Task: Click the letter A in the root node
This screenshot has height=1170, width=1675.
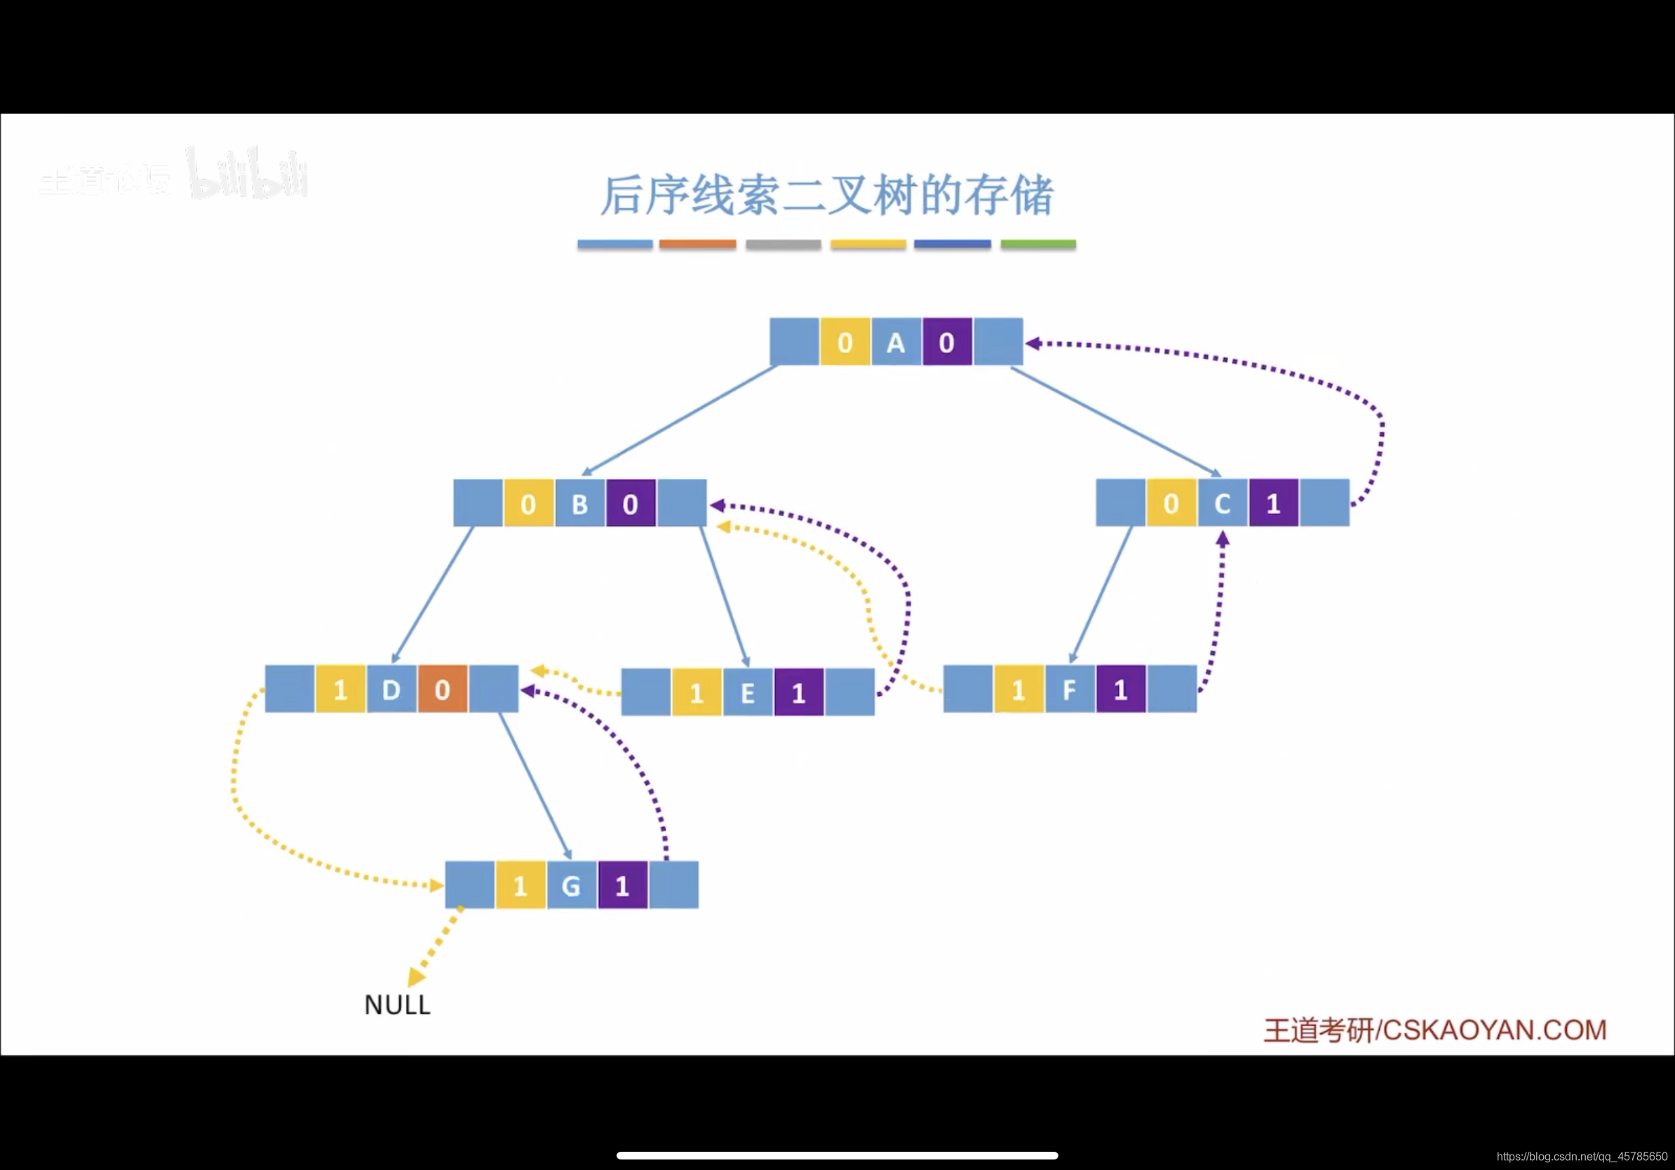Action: point(896,342)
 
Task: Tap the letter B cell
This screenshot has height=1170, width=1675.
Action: point(580,504)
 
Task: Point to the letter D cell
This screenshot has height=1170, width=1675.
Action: point(392,690)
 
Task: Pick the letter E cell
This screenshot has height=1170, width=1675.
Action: point(748,692)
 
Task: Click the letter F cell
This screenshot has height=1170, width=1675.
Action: point(1070,690)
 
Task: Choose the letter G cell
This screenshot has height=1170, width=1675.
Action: point(571,885)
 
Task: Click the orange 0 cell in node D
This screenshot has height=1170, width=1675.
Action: point(443,690)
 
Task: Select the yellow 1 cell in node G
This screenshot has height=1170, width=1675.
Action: point(520,885)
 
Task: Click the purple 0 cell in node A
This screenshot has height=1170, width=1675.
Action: point(947,342)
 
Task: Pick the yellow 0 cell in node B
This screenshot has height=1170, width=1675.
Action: point(529,504)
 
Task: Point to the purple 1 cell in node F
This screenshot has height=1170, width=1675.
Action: point(1121,690)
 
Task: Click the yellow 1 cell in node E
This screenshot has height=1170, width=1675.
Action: point(697,692)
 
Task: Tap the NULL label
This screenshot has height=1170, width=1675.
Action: point(398,1005)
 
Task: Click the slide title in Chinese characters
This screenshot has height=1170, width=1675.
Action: point(826,196)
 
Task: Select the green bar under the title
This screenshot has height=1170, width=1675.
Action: point(1038,244)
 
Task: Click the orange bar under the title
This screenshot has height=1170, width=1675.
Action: point(697,244)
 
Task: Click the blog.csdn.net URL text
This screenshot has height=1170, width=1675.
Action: point(1582,1156)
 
